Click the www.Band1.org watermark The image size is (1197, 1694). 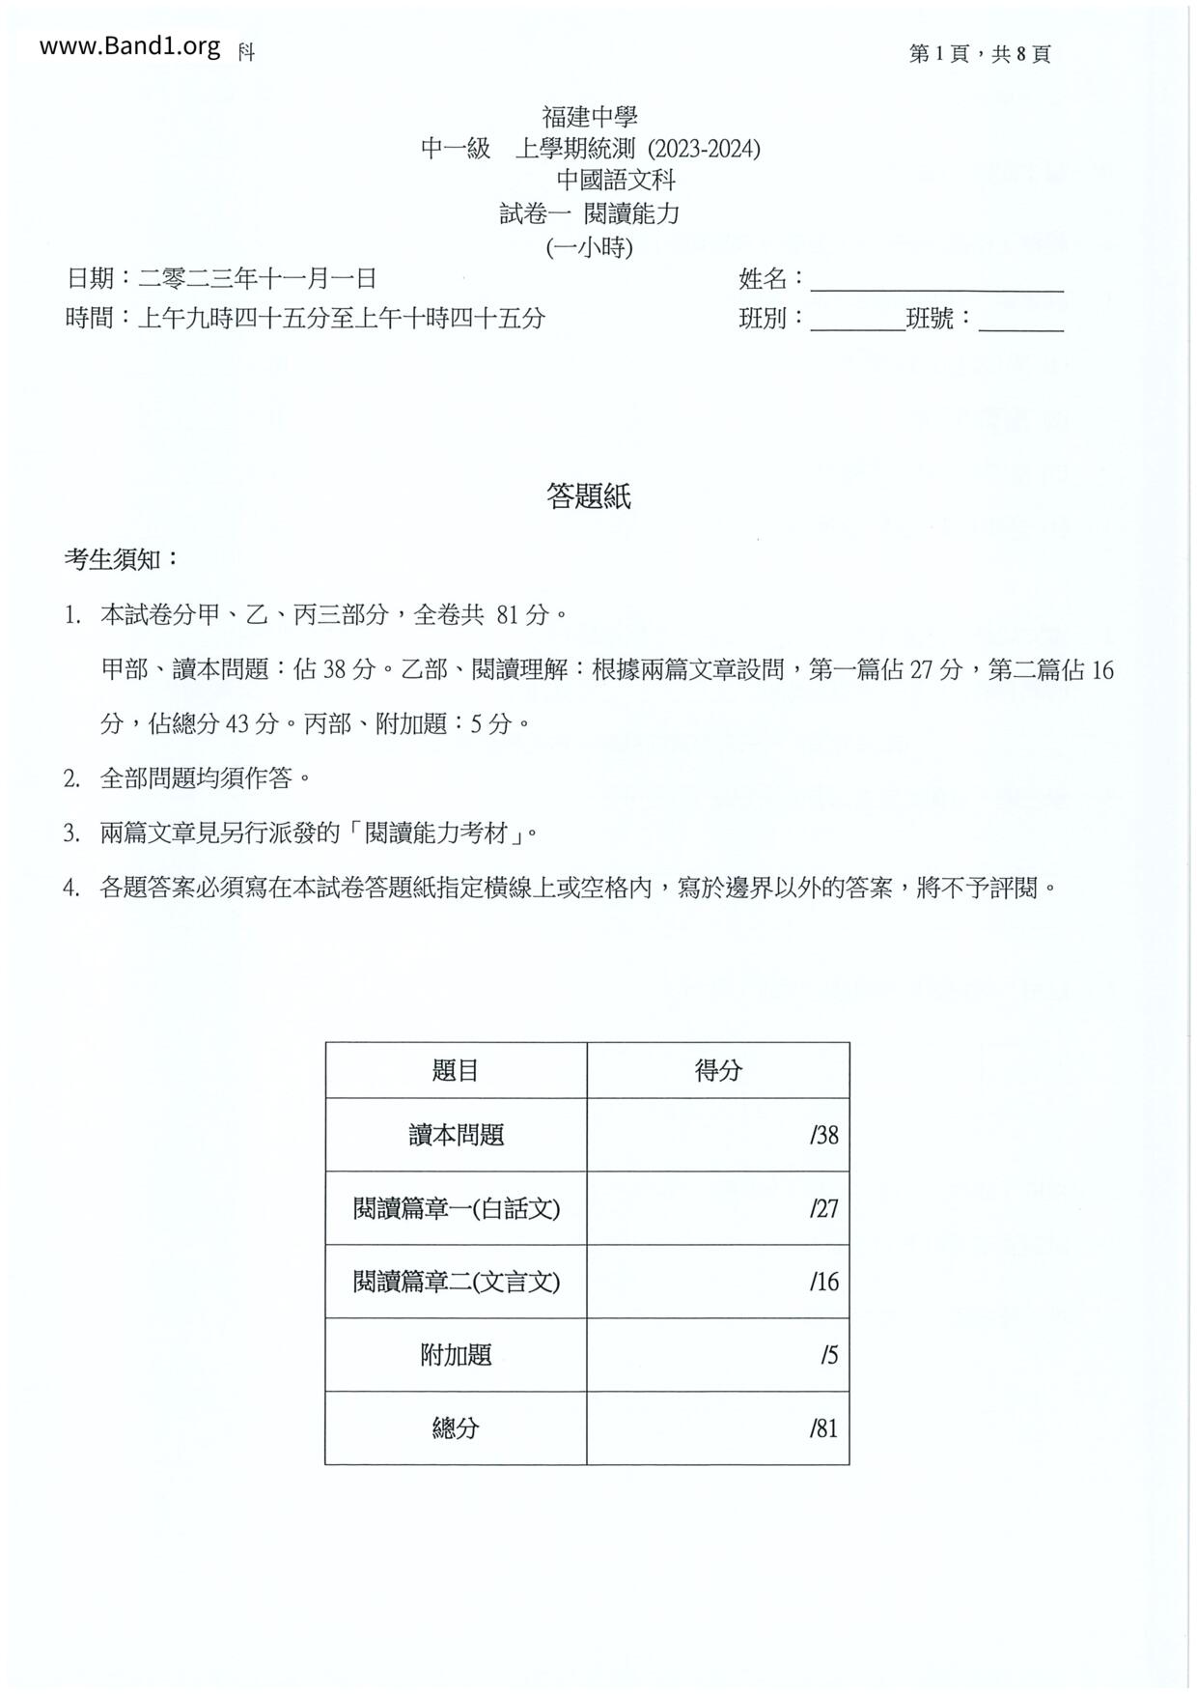pyautogui.click(x=129, y=46)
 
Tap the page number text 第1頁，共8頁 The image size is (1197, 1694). pyautogui.click(x=979, y=54)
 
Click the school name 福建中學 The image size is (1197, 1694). pyautogui.click(x=589, y=118)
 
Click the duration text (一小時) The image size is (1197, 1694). pyautogui.click(x=589, y=247)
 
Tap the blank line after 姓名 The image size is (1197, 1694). pyautogui.click(x=936, y=282)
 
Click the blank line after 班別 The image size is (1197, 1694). pyautogui.click(x=857, y=321)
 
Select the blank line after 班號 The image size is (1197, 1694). pyautogui.click(x=1020, y=321)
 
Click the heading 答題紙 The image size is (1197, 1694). pyautogui.click(x=589, y=496)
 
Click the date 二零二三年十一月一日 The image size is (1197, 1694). pyautogui.click(x=257, y=279)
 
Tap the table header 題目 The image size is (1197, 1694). pyautogui.click(x=456, y=1070)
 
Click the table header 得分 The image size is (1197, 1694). pyautogui.click(x=718, y=1070)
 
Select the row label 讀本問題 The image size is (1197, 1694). pyautogui.click(x=456, y=1135)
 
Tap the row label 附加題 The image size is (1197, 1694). pyautogui.click(x=456, y=1355)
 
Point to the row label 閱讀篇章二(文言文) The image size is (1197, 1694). pyautogui.click(x=456, y=1282)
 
